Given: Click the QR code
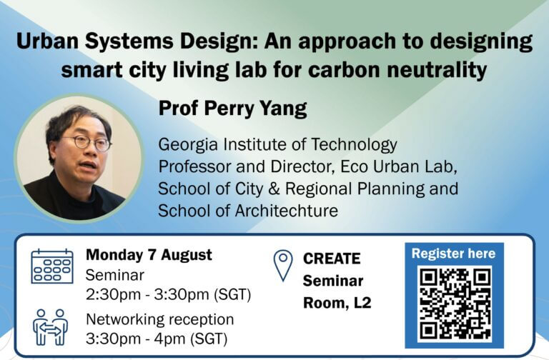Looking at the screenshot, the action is (x=455, y=304).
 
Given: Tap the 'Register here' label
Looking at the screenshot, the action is (x=453, y=254).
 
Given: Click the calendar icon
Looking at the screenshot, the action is (x=52, y=266).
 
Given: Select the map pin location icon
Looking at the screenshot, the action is (x=283, y=265).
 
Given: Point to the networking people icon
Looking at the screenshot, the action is (x=51, y=326).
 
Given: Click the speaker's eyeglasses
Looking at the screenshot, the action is (x=87, y=143).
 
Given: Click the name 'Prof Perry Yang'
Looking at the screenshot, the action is (x=233, y=109).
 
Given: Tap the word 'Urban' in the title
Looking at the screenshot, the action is (x=48, y=41).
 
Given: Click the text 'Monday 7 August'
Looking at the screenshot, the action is (x=149, y=255).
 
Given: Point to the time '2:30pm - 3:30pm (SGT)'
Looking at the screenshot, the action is (x=169, y=294).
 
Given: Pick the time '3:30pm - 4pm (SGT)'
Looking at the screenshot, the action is (x=157, y=339).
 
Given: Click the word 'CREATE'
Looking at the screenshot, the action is (x=332, y=259).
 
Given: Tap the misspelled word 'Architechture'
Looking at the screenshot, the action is (x=287, y=211).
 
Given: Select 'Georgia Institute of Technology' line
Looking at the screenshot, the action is (x=277, y=145).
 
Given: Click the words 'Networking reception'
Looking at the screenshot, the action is (x=160, y=319).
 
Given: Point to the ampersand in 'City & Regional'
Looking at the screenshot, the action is (x=274, y=189).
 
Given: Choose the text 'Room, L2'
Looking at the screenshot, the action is (x=337, y=303).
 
